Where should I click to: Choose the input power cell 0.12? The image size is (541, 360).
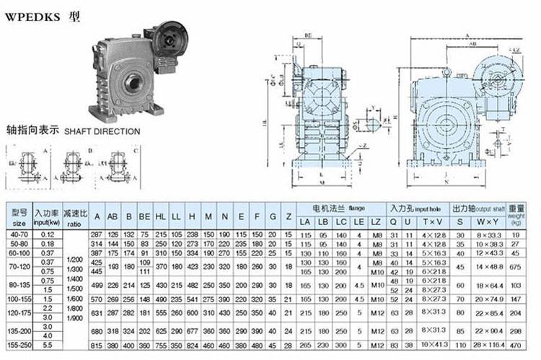point(49,234)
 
